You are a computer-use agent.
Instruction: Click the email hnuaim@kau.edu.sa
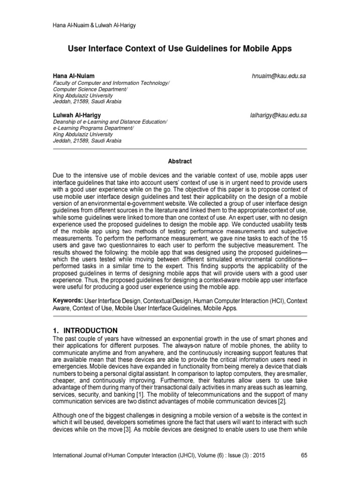coord(279,76)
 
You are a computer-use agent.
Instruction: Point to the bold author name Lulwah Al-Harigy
coord(76,115)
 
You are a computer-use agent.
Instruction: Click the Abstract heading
coord(180,161)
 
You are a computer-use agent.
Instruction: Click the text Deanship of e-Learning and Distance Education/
coord(110,121)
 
